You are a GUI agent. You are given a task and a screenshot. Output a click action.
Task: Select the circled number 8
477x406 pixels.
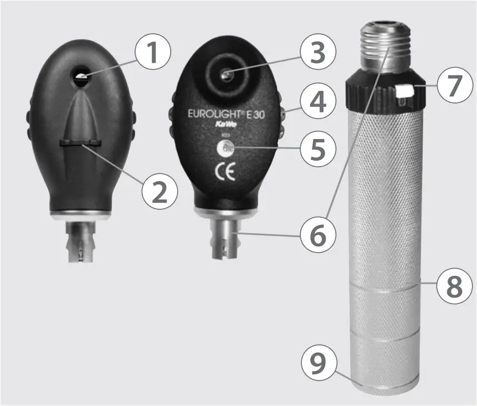point(452,287)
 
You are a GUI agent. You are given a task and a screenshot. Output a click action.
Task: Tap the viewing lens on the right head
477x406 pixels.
point(225,74)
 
